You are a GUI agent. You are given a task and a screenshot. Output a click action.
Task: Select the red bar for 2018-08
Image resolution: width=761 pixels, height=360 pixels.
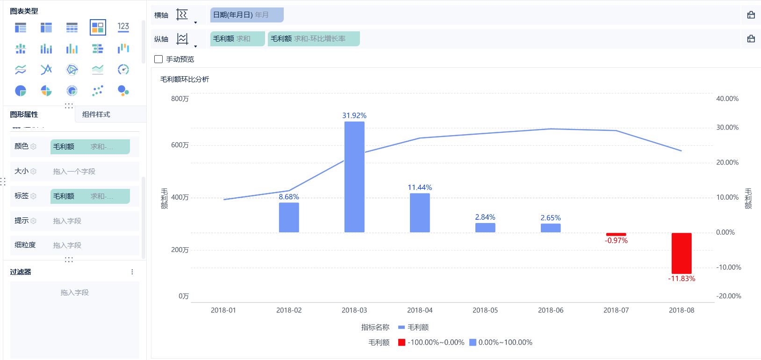(x=682, y=253)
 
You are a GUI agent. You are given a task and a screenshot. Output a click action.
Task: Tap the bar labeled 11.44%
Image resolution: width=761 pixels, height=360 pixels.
(x=420, y=213)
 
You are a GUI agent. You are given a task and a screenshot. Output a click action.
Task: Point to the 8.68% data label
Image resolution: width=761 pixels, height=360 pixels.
(x=289, y=197)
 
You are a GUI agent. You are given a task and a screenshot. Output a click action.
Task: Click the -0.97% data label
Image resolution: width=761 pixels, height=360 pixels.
(x=616, y=240)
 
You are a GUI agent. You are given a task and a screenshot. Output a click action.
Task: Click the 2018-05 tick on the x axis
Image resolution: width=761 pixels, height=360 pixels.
(x=485, y=310)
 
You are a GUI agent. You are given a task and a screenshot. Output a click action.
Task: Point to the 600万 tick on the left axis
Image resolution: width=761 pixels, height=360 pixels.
(x=180, y=145)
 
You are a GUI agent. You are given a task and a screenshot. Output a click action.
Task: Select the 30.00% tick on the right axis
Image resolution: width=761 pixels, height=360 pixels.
(x=727, y=127)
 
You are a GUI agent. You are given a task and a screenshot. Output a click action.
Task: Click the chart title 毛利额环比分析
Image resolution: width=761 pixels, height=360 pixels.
(x=185, y=79)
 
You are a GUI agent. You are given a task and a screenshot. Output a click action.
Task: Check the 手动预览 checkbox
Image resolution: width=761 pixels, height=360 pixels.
(x=158, y=59)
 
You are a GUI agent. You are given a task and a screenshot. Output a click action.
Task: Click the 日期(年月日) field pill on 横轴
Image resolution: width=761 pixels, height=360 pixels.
(x=246, y=15)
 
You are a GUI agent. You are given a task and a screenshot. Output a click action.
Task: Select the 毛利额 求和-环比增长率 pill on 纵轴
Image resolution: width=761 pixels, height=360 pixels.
(x=313, y=39)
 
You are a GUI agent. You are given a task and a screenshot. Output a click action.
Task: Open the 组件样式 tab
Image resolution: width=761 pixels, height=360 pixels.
(x=96, y=114)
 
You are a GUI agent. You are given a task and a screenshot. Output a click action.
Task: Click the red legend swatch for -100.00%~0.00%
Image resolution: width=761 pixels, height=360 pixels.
(x=402, y=342)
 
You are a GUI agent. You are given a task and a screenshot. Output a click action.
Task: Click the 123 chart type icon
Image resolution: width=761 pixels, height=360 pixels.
(x=123, y=27)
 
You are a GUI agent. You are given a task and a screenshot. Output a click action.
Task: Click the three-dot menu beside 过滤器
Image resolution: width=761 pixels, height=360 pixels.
(x=132, y=272)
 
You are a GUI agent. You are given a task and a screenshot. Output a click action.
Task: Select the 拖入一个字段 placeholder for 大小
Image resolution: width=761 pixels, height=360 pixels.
(x=74, y=172)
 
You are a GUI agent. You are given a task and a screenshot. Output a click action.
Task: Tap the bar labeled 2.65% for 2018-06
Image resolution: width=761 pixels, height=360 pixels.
(x=551, y=228)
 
